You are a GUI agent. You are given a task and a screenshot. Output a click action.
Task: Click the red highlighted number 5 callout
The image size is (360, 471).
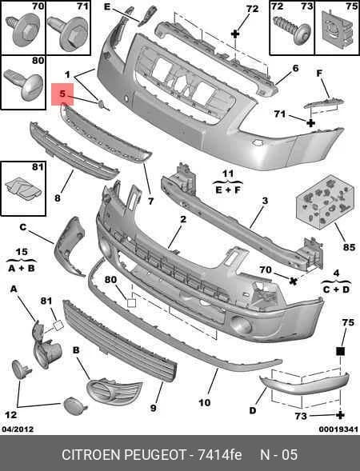[x=62, y=94]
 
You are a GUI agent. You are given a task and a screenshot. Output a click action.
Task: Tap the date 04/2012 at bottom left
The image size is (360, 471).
[x=18, y=429]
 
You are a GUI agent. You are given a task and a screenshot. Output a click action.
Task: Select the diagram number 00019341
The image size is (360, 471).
[x=338, y=429]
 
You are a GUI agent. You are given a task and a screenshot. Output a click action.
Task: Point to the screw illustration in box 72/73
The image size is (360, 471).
[x=291, y=30]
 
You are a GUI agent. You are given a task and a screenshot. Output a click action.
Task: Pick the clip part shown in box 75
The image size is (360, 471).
[x=337, y=29]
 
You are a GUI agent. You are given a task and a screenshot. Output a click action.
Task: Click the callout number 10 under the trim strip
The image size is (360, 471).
[x=205, y=403]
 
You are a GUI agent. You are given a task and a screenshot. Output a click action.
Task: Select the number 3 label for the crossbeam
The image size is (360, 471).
[x=265, y=201]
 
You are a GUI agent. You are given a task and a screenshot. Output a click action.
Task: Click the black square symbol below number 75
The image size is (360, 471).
[x=340, y=351]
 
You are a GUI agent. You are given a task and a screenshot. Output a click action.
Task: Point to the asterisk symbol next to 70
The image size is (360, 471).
[x=294, y=281]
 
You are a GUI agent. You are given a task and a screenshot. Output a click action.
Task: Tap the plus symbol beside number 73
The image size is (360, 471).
[x=340, y=415]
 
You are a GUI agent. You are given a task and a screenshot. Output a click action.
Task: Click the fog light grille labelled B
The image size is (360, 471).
[x=114, y=390]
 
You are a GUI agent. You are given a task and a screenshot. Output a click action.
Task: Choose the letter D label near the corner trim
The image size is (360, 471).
[x=253, y=410]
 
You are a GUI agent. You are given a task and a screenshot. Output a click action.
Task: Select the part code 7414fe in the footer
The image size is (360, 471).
[x=220, y=454]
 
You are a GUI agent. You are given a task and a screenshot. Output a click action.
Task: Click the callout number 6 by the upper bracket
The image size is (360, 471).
[x=295, y=69]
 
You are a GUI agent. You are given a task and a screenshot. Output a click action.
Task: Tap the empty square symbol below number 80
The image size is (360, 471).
[x=132, y=303]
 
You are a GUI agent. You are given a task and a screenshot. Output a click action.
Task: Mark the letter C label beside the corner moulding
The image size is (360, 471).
[x=23, y=227]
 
